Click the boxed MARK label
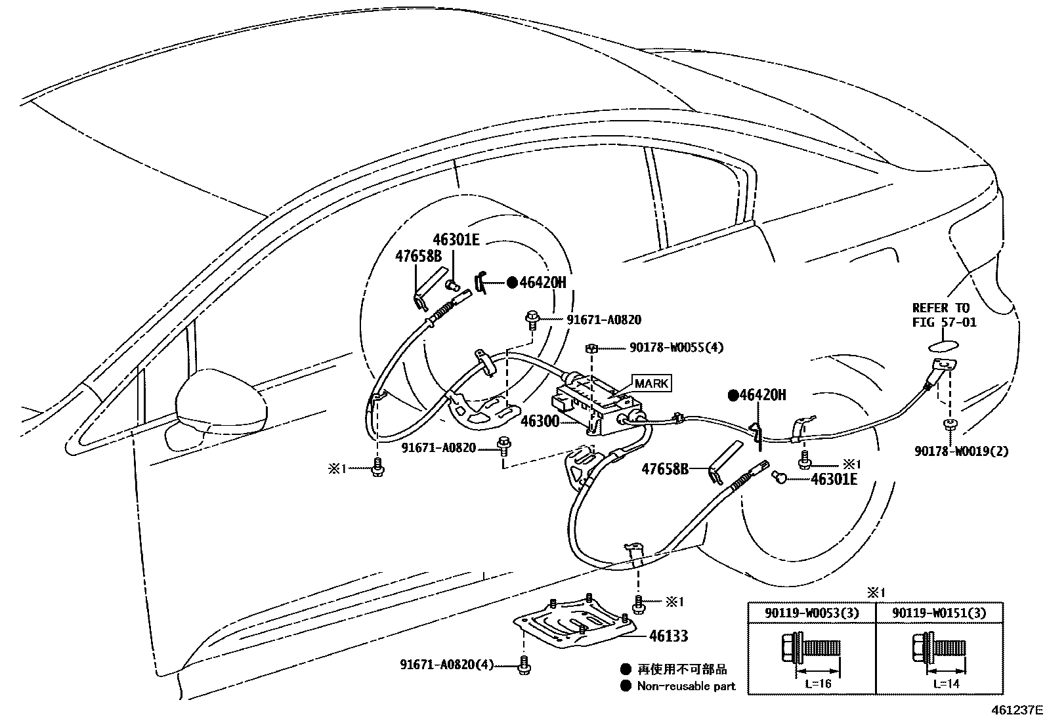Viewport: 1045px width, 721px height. coord(651,383)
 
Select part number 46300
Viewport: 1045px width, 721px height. coord(539,421)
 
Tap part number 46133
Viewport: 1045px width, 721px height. coord(668,635)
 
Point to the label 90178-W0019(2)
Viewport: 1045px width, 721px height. coord(961,451)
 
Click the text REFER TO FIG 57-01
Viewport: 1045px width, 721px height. coord(944,315)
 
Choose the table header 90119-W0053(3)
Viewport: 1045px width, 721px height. coord(811,613)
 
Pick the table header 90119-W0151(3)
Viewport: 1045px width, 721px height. coord(939,613)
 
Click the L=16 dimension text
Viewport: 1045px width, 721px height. coord(817,684)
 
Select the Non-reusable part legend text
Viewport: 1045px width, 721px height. coord(686,686)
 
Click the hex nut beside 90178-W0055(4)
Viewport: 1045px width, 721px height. coord(591,348)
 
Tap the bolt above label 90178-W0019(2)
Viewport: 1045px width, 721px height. coord(949,425)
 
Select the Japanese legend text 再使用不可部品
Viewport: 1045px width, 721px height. coord(682,669)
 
